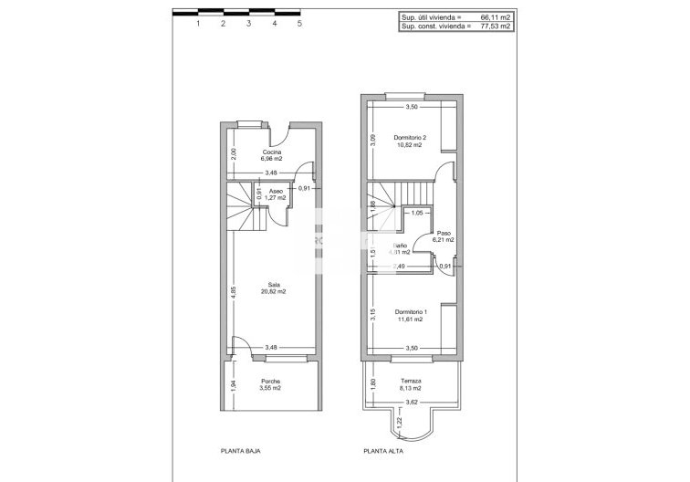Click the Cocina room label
tap(271, 152)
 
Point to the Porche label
tap(271, 381)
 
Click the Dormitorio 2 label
tap(411, 138)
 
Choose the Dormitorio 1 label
tap(411, 312)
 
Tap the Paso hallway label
tap(445, 233)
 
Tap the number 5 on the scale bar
tap(299, 26)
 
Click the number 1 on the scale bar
tap(197, 26)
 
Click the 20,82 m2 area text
tap(272, 291)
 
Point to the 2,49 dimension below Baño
tap(399, 267)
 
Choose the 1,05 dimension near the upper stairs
tap(417, 213)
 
